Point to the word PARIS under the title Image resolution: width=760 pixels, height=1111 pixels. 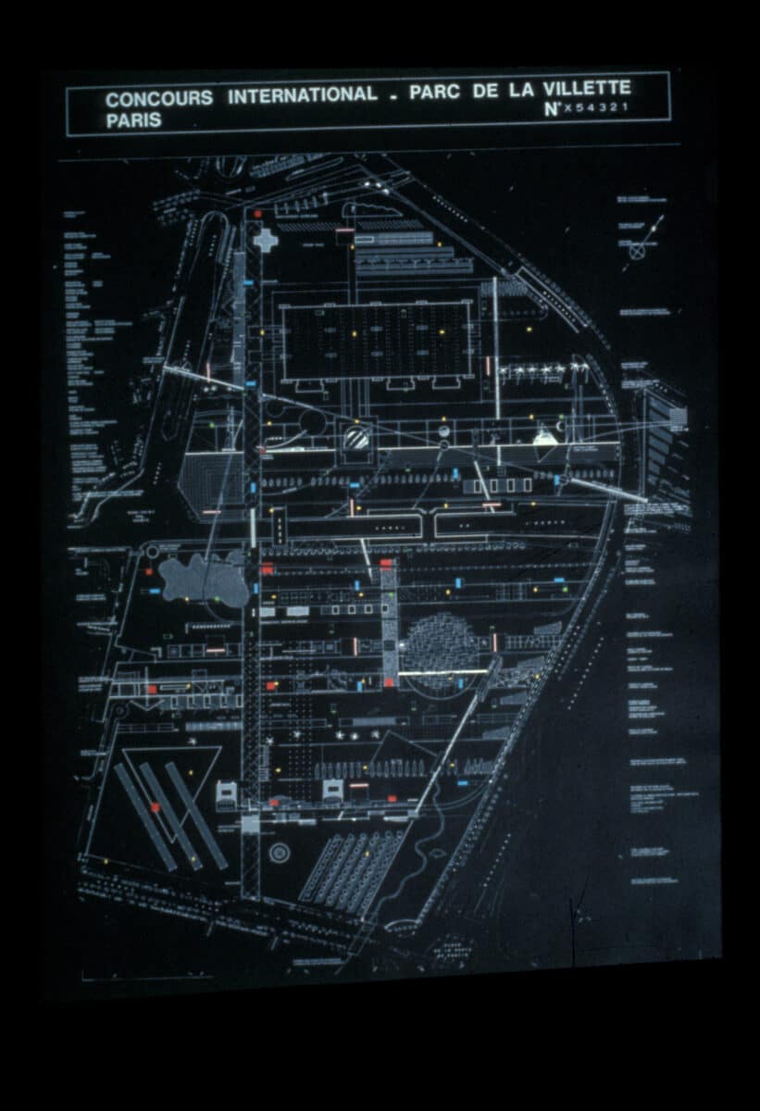133,120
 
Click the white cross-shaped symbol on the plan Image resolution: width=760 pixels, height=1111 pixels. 266,240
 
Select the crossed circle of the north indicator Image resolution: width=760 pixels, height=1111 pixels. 638,250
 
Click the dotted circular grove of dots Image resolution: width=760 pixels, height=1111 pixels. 442,648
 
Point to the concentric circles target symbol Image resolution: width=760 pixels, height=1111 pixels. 279,852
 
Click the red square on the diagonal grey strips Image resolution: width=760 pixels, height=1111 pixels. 156,807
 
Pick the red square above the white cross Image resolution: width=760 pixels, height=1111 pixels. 258,214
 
